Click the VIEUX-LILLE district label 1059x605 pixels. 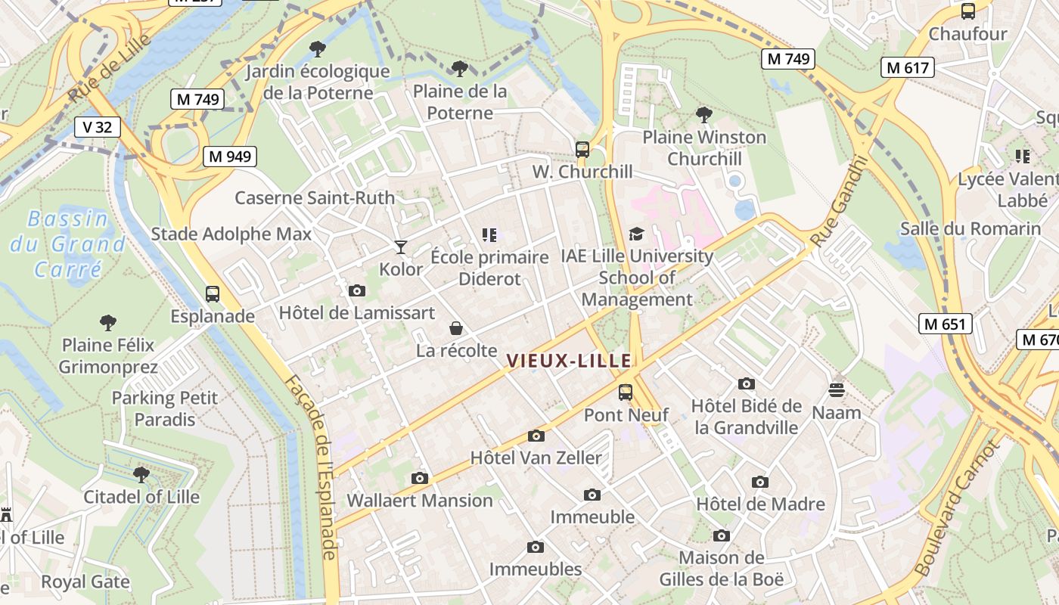[x=568, y=361]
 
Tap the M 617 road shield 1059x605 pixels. [x=908, y=67]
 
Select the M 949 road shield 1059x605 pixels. [x=230, y=157]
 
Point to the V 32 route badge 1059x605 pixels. [x=98, y=127]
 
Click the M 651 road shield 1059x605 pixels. [x=946, y=324]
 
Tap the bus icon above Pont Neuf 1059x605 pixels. [x=626, y=392]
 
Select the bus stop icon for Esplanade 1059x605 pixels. [x=213, y=293]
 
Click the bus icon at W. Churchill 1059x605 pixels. [x=582, y=149]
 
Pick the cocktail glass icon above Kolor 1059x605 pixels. [x=401, y=247]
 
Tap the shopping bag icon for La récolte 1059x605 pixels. [x=456, y=327]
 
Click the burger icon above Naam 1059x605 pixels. [x=837, y=389]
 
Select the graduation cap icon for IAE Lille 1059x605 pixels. [x=636, y=234]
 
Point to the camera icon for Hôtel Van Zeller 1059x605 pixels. [x=536, y=435]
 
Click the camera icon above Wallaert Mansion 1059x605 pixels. [x=419, y=477]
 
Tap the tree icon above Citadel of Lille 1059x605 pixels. [x=141, y=474]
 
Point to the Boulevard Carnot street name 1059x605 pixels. [x=956, y=508]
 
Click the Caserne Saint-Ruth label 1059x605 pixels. [x=315, y=198]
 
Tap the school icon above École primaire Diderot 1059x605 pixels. [x=489, y=235]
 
